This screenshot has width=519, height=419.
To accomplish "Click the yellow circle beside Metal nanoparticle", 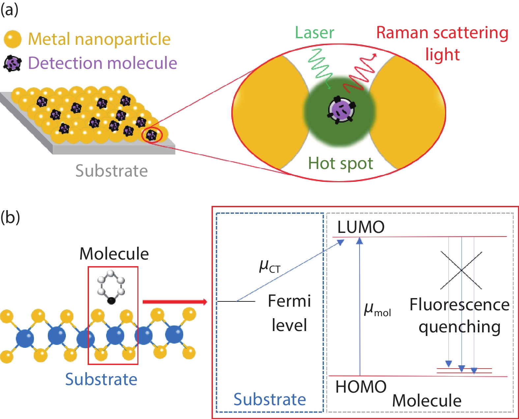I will coord(13,39).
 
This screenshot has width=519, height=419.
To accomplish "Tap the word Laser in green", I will coord(314,33).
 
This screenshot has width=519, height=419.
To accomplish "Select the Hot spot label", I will coord(340,163).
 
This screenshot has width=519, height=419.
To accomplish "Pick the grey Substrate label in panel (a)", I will coord(111,171).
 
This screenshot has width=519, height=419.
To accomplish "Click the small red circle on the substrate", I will coord(152,135).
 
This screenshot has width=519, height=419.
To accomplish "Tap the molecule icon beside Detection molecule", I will coord(13,63).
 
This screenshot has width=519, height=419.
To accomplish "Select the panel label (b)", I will coord(10,218).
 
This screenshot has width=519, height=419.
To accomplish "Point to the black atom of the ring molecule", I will coord(112,300).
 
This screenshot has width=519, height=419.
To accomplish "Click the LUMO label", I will coord(361,227).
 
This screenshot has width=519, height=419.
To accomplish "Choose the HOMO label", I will coord(361,387).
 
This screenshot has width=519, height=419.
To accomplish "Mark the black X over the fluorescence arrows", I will coord(461,270).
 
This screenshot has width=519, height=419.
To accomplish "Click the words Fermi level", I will coord(289,313).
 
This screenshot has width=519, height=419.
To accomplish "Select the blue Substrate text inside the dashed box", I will coord(270,400).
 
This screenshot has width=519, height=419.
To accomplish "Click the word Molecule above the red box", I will coord(114,254).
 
